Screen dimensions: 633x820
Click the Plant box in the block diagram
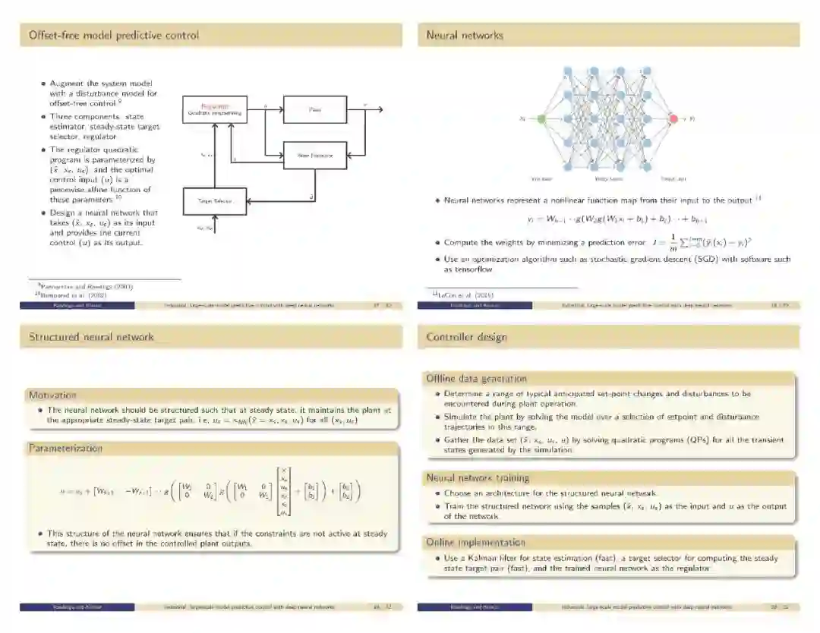[x=315, y=110]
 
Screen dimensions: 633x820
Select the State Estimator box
[x=315, y=156]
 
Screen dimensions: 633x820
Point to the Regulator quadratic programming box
[x=215, y=110]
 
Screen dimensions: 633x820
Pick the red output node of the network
[x=673, y=118]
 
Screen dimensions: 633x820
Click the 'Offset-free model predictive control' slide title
[x=114, y=35]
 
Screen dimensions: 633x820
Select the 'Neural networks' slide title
[x=465, y=35]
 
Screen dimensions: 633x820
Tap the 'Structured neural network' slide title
[x=91, y=337]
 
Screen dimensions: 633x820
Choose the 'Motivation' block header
[x=53, y=395]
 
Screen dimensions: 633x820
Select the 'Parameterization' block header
[x=65, y=449]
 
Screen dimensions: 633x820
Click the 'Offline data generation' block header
[x=476, y=378]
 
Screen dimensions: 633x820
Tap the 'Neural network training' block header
[x=478, y=477]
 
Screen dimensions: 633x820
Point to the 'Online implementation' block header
[x=475, y=542]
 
